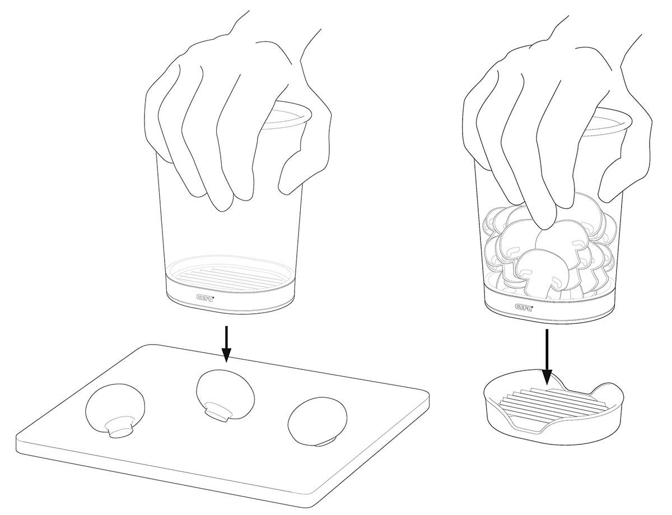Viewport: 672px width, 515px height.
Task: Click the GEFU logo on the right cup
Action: (x=524, y=307)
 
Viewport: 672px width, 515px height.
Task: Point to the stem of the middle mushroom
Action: (x=217, y=411)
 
